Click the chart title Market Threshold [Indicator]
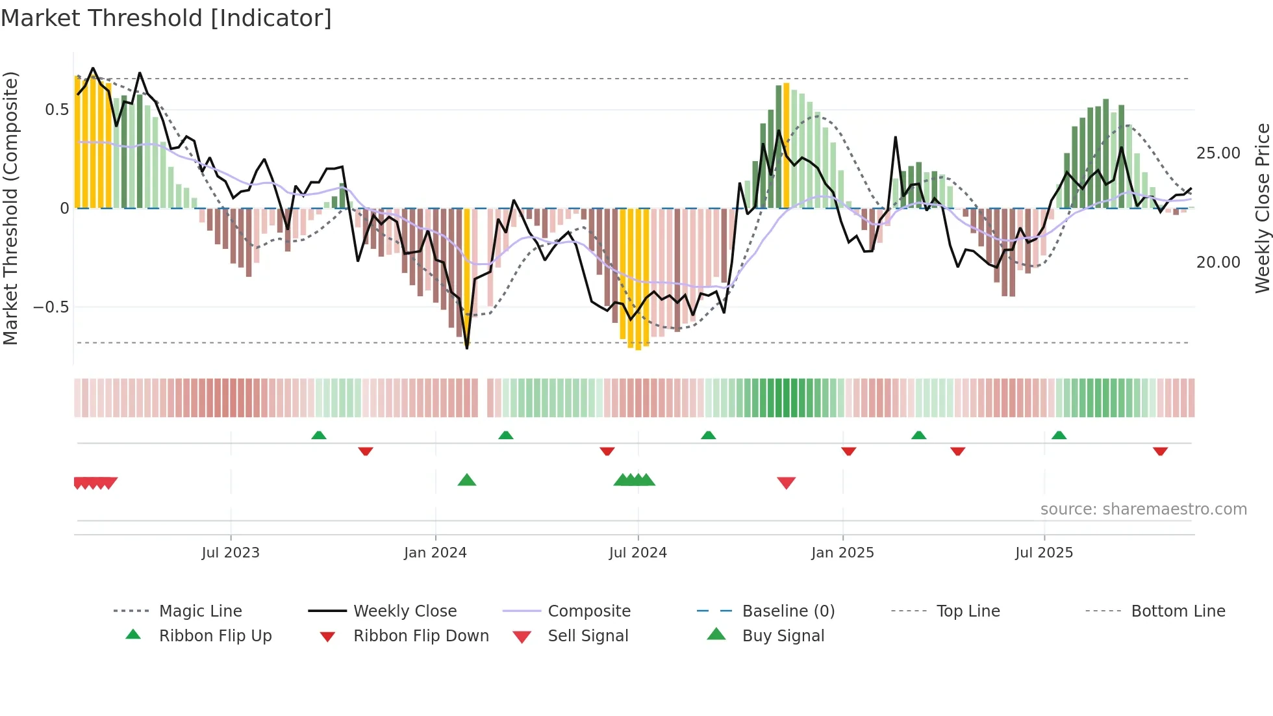click(166, 18)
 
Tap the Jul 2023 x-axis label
click(231, 553)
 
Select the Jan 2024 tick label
click(435, 553)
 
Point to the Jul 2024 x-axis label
click(638, 553)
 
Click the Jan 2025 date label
click(842, 553)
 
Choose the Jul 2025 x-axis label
click(1044, 553)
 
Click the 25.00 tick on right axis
click(1218, 153)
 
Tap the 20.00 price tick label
click(1218, 262)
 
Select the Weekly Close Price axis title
click(1262, 208)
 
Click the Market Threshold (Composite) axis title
click(10, 208)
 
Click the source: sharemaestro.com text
click(1143, 509)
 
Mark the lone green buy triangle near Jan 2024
click(467, 481)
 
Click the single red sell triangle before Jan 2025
click(786, 483)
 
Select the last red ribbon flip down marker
click(1160, 451)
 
